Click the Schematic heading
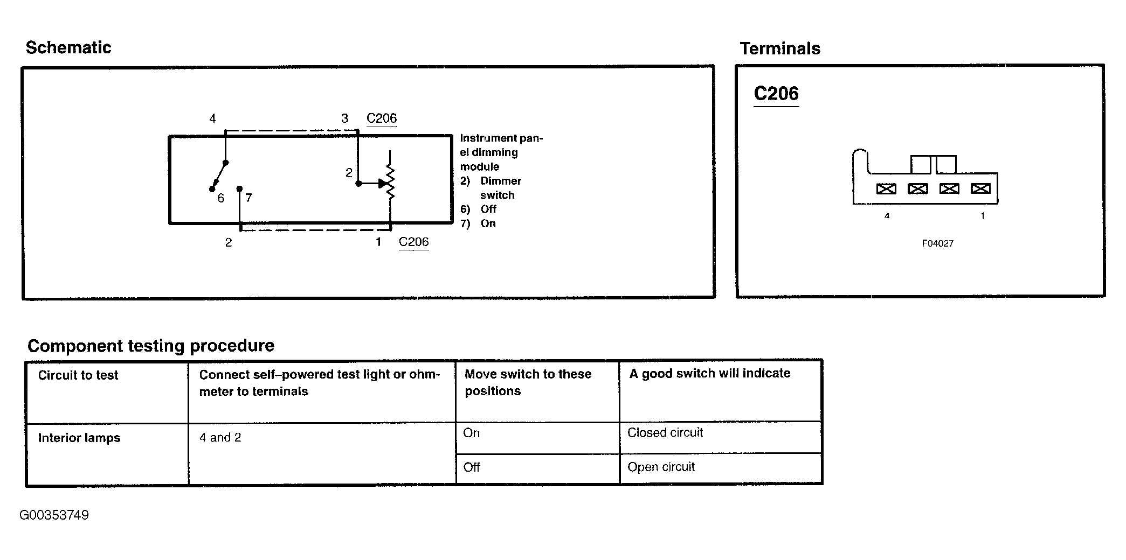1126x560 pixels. tap(68, 47)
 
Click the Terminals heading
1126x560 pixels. tap(780, 48)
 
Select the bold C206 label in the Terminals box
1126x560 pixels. tap(776, 94)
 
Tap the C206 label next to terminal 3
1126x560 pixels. tap(382, 118)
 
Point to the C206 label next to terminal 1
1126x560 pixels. tap(414, 242)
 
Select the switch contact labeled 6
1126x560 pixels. tap(212, 189)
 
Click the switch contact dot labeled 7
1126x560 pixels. tap(240, 188)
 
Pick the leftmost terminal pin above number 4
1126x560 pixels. tap(887, 188)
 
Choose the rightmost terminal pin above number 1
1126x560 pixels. tap(980, 188)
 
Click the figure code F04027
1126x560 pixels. tap(938, 243)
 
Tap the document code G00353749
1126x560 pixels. tap(54, 515)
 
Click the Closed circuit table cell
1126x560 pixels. tap(665, 432)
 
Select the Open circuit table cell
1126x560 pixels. tap(661, 467)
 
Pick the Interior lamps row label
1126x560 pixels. tap(79, 438)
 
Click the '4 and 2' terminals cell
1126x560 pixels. tap(220, 437)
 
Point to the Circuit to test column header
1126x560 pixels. tap(78, 375)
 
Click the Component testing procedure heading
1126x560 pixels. tap(151, 346)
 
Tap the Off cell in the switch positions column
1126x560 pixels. tap(472, 467)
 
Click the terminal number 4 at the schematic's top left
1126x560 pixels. tap(212, 118)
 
